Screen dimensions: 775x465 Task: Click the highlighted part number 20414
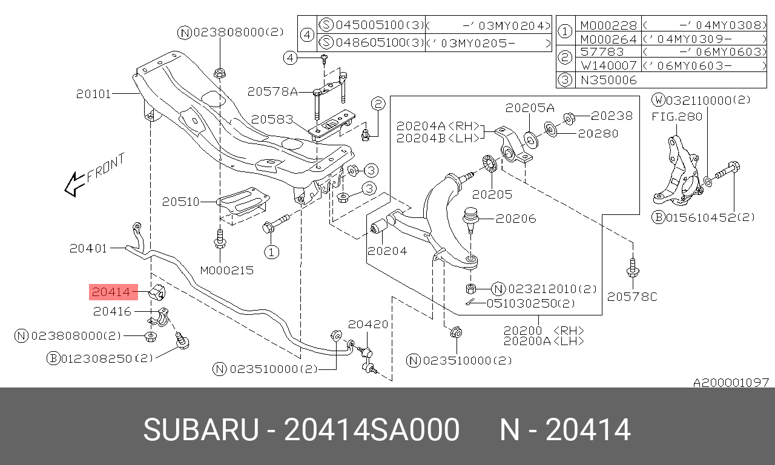coord(111,292)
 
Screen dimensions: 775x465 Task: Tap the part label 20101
coord(93,94)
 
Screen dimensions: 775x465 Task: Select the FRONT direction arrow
coord(74,185)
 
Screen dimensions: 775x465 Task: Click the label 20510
coord(180,202)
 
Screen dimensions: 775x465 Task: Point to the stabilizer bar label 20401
coord(88,248)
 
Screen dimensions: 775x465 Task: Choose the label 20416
coord(112,311)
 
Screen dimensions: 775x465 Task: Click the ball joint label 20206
coord(516,219)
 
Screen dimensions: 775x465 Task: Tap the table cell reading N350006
coord(608,81)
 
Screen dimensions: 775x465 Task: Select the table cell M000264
coord(608,39)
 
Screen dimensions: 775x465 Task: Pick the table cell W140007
coord(608,65)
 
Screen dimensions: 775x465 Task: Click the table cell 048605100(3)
coord(380,42)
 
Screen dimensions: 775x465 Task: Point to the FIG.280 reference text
coord(677,117)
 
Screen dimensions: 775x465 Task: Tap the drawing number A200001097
coord(731,382)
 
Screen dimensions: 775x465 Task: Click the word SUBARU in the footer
coord(201,429)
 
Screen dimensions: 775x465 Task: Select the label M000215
coord(227,270)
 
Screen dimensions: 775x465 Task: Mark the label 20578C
coord(632,297)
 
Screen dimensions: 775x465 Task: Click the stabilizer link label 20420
coord(368,324)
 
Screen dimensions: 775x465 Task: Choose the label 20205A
coord(530,108)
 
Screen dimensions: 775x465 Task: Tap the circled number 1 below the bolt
coord(272,252)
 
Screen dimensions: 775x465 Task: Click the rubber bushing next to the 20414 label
coord(157,292)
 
